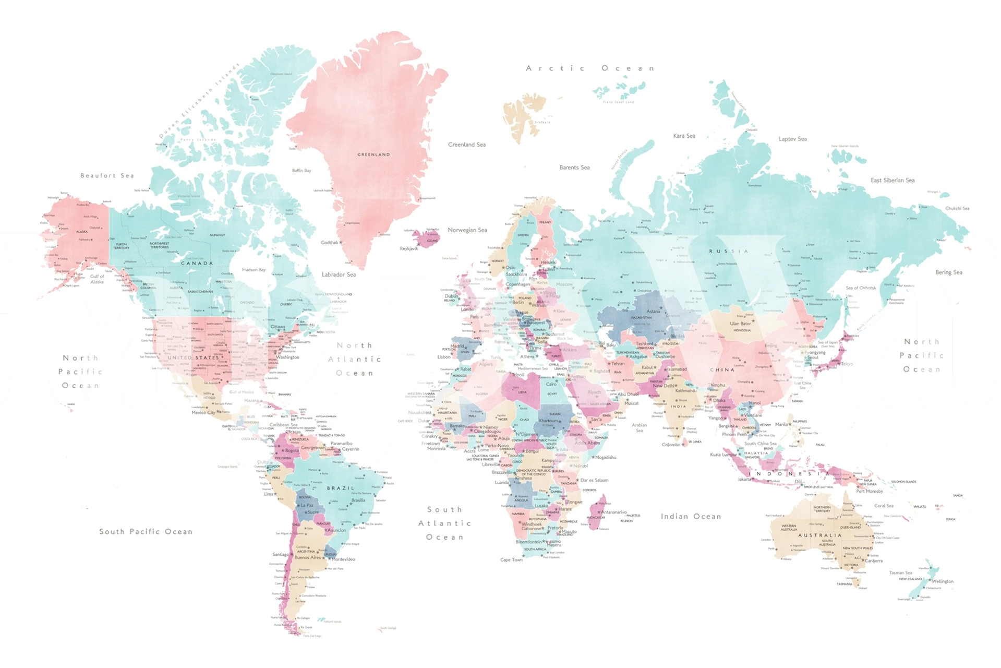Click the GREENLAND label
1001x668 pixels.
[373, 154]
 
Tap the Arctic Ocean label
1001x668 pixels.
[590, 68]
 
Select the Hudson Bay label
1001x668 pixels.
[254, 270]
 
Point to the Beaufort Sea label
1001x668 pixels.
[107, 176]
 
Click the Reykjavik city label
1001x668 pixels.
[409, 248]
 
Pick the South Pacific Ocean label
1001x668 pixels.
[146, 532]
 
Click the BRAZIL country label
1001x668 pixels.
[341, 488]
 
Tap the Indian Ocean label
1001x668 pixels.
[691, 517]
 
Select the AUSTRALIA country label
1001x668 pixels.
[819, 535]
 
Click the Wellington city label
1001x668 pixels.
[942, 581]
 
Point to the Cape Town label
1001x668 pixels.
[511, 560]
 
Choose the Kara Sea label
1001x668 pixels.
[684, 136]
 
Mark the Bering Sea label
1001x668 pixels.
[948, 272]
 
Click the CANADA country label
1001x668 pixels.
[197, 264]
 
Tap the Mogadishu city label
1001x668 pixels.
[606, 458]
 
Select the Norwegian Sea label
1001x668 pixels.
[467, 230]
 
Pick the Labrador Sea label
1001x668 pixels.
[339, 275]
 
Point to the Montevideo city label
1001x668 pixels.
[344, 559]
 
